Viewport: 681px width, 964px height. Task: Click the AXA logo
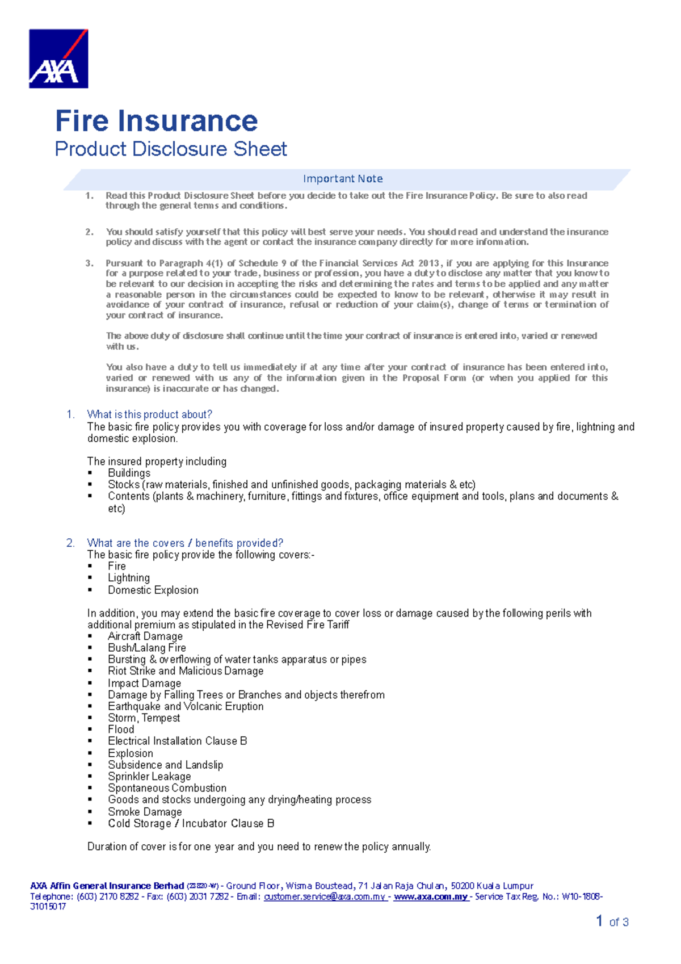pyautogui.click(x=58, y=58)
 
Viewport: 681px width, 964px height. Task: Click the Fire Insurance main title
pyautogui.click(x=156, y=121)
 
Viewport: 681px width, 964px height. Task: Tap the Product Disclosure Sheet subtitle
pyautogui.click(x=171, y=149)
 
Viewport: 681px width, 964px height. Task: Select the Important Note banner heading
pyautogui.click(x=343, y=179)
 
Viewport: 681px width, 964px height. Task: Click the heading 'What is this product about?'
pyautogui.click(x=149, y=414)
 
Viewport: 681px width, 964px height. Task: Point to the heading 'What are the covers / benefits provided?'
pyautogui.click(x=184, y=543)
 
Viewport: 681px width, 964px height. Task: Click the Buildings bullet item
pyautogui.click(x=129, y=473)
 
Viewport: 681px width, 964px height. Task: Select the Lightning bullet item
pyautogui.click(x=129, y=578)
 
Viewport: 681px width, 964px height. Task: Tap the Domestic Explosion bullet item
pyautogui.click(x=153, y=590)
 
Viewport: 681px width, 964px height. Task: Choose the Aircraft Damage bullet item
pyautogui.click(x=145, y=636)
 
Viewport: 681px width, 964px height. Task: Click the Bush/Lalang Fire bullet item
pyautogui.click(x=147, y=648)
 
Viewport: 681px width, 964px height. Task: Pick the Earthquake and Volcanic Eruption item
pyautogui.click(x=186, y=706)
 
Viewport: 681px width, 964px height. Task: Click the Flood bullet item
pyautogui.click(x=121, y=730)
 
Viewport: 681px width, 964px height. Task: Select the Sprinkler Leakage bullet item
pyautogui.click(x=149, y=776)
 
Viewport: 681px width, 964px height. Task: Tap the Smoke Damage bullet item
pyautogui.click(x=145, y=812)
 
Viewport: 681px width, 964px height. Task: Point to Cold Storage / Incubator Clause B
pyautogui.click(x=191, y=823)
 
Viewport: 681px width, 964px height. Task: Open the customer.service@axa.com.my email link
pyautogui.click(x=325, y=896)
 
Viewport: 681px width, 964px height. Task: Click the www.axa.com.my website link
pyautogui.click(x=431, y=896)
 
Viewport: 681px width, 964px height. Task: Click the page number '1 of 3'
pyautogui.click(x=612, y=921)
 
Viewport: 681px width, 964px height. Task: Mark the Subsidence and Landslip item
pyautogui.click(x=165, y=765)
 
